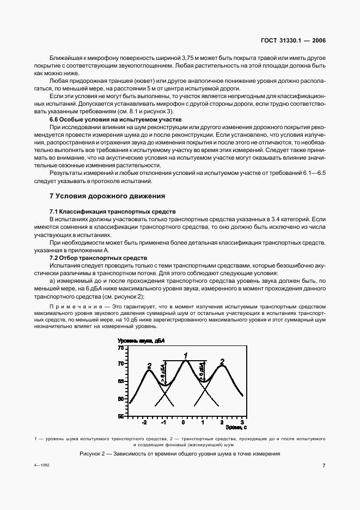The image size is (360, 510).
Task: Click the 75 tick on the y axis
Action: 121,347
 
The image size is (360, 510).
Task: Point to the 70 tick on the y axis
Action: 121,363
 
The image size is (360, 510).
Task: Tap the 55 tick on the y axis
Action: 121,416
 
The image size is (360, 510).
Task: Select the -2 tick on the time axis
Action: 144,422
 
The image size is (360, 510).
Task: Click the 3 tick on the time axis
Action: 241,422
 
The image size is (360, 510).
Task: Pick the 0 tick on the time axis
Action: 184,422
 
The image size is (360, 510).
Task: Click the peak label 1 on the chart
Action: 186,356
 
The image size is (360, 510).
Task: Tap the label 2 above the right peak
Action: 222,361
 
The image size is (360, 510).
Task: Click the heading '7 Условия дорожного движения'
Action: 107,196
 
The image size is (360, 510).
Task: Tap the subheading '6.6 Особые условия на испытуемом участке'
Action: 115,119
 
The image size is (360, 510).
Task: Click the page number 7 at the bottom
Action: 324,466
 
